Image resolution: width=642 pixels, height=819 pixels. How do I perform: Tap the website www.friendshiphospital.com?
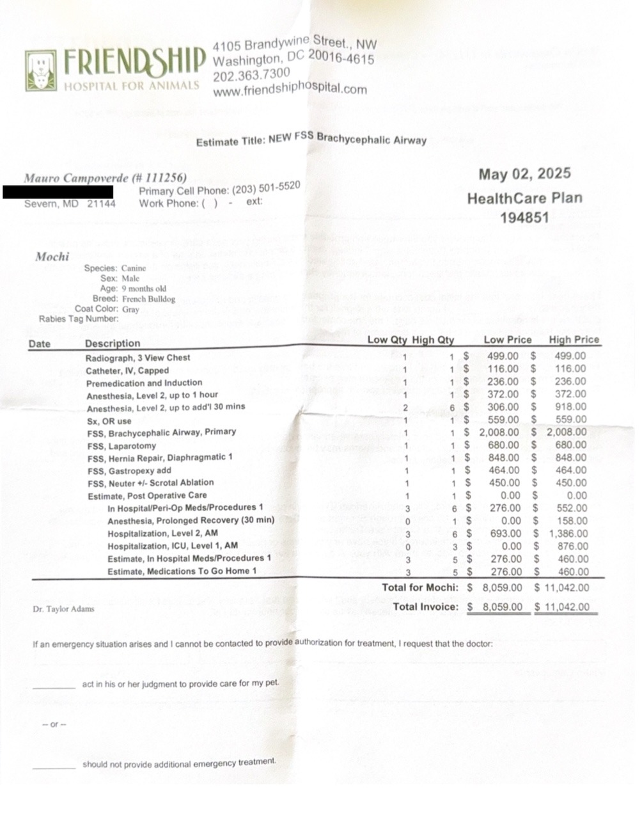(x=290, y=89)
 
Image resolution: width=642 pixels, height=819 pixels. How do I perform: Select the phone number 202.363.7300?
(x=251, y=74)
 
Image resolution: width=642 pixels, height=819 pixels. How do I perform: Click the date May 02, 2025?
(x=524, y=174)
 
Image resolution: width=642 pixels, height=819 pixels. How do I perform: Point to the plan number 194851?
(x=524, y=217)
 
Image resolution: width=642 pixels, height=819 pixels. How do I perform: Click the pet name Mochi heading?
(x=52, y=257)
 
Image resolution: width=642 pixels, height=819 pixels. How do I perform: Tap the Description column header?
(x=113, y=343)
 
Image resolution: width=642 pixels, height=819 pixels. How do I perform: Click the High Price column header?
(x=574, y=340)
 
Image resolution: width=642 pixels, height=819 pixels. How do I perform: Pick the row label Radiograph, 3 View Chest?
(x=137, y=358)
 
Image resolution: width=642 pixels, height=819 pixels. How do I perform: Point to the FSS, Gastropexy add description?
(x=129, y=470)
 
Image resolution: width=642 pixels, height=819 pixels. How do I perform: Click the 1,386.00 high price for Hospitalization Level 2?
(x=568, y=534)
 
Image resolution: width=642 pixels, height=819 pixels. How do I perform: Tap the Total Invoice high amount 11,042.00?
(x=567, y=607)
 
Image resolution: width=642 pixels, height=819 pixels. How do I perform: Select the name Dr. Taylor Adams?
(x=63, y=608)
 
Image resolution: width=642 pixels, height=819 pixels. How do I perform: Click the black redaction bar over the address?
(x=58, y=191)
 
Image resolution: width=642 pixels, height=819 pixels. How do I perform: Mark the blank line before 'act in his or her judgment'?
(x=54, y=687)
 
